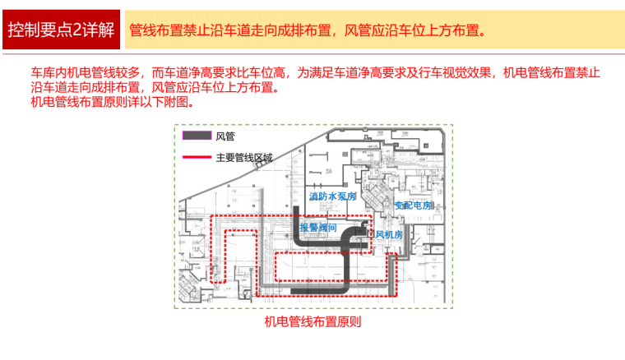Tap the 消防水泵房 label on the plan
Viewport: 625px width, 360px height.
point(332,197)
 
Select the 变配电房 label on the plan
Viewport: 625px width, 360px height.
point(413,205)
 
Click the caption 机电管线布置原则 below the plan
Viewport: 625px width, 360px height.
point(312,322)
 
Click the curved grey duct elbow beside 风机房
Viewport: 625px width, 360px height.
point(352,233)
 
